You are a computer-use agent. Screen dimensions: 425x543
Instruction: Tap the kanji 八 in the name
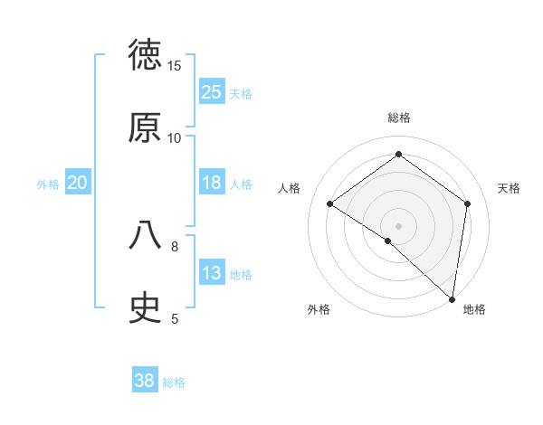[x=145, y=235]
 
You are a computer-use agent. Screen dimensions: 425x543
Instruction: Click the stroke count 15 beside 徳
[x=175, y=66]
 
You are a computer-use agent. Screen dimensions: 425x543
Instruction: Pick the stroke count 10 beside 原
[x=175, y=137]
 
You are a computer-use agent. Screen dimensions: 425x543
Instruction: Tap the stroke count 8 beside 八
[x=175, y=245]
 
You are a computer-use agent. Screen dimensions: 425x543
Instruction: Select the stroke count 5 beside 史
[x=175, y=317]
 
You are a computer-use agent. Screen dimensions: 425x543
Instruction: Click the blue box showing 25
[x=212, y=92]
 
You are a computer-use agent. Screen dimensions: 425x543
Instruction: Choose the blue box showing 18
[x=212, y=183]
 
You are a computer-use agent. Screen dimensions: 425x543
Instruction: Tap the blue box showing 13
[x=212, y=273]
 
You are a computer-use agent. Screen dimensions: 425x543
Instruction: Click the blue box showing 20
[x=78, y=183]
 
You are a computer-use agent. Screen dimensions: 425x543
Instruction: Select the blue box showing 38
[x=145, y=381]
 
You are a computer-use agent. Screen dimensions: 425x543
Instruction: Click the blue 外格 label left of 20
[x=48, y=184]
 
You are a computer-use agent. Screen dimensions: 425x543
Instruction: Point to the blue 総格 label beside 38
[x=174, y=382]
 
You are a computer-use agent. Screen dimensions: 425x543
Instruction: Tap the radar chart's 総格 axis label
[x=399, y=118]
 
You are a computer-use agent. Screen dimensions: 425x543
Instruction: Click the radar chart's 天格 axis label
[x=509, y=188]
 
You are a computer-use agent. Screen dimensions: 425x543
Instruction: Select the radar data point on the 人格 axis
[x=330, y=203]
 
